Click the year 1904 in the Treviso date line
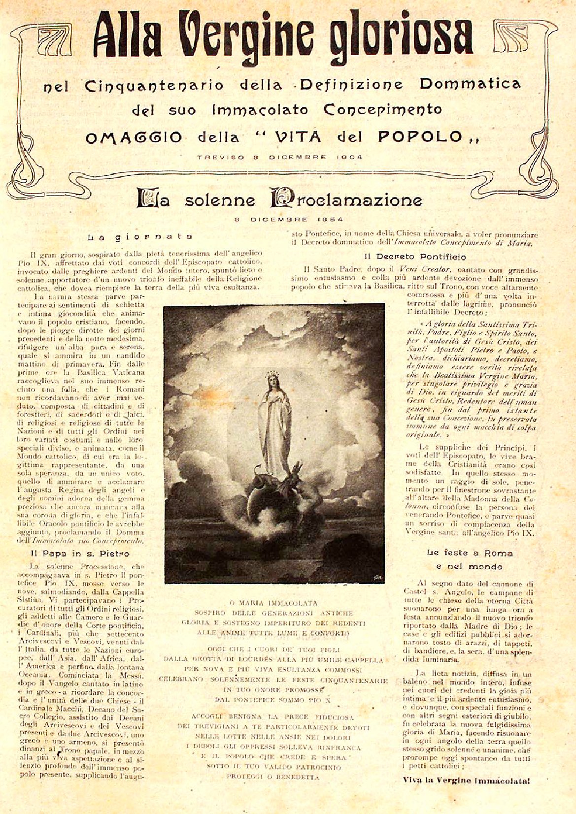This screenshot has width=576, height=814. point(350,157)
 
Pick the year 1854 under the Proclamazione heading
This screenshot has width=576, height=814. point(329,219)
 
